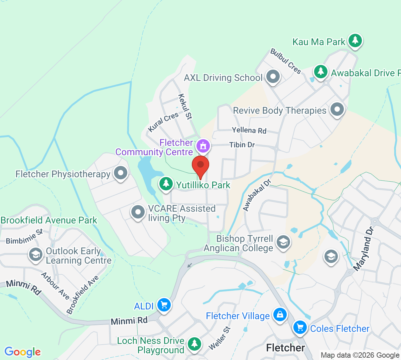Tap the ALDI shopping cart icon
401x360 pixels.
point(164,305)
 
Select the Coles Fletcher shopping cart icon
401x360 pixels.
point(300,328)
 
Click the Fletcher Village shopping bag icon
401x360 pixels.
point(280,315)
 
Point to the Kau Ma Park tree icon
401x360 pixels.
point(355,40)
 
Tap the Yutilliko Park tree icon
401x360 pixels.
point(166,184)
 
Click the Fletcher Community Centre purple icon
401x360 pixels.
point(203,146)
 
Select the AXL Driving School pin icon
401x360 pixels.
point(273,77)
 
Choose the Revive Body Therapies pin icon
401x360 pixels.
point(337,109)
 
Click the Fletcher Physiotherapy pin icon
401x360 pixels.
point(121,173)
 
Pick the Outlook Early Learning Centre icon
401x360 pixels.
point(35,254)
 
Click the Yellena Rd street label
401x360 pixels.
point(249,130)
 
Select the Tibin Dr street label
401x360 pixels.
point(242,145)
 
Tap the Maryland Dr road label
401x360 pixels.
point(363,249)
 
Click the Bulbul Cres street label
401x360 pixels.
point(286,61)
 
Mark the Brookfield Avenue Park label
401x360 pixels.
point(49,220)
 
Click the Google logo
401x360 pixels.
point(22,352)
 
